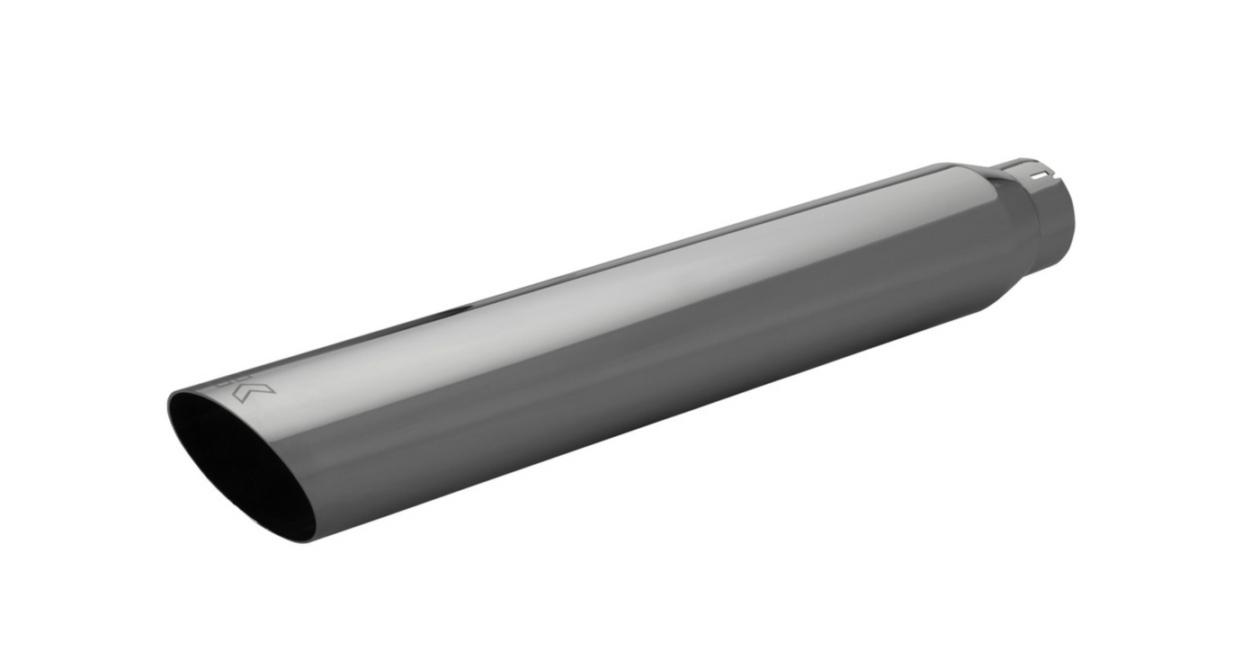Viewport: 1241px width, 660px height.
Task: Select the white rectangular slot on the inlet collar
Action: (x=1040, y=175)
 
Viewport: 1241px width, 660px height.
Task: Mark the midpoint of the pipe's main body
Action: (x=620, y=351)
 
